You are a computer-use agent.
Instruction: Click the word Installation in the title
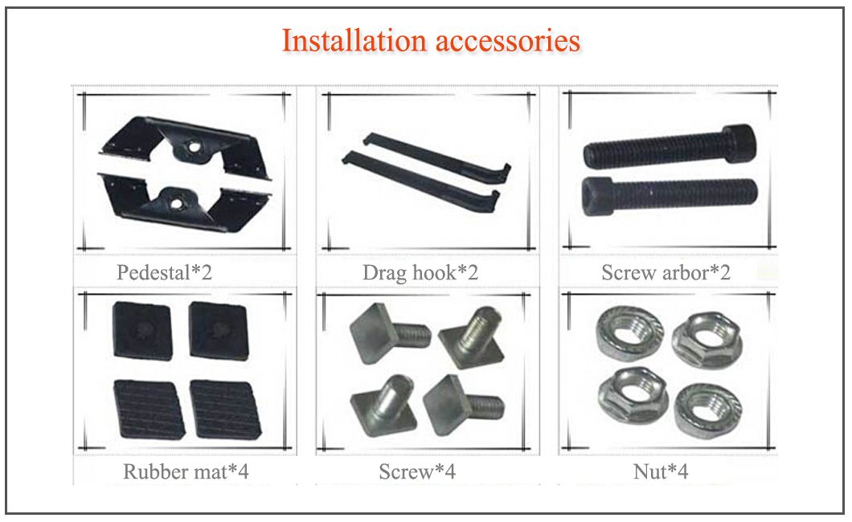click(x=354, y=41)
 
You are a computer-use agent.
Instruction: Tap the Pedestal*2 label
click(x=164, y=272)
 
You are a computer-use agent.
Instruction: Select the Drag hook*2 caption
click(x=420, y=273)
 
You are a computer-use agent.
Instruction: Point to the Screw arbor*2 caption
click(x=666, y=272)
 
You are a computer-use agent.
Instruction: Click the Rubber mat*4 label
click(x=186, y=471)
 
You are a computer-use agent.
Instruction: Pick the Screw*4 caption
click(x=417, y=471)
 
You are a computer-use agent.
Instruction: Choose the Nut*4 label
click(x=661, y=471)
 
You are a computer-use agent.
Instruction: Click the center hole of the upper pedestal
click(x=192, y=146)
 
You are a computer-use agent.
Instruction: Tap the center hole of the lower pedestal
click(x=176, y=204)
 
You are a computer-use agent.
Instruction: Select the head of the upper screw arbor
click(x=739, y=143)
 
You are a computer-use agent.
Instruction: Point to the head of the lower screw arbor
click(x=597, y=196)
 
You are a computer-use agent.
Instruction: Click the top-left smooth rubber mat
click(x=142, y=331)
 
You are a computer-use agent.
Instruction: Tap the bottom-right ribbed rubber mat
click(x=225, y=410)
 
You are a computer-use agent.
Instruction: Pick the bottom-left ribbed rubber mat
click(x=149, y=410)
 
